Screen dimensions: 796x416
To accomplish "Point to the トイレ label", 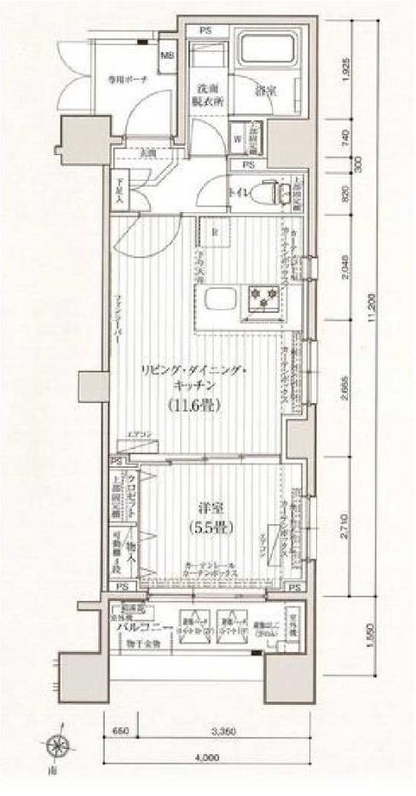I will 237,193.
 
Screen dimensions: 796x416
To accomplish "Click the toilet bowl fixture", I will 268,193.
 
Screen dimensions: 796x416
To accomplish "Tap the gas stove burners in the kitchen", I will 264,297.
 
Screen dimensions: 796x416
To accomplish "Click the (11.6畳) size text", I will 196,407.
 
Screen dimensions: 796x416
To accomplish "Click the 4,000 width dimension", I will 205,756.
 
